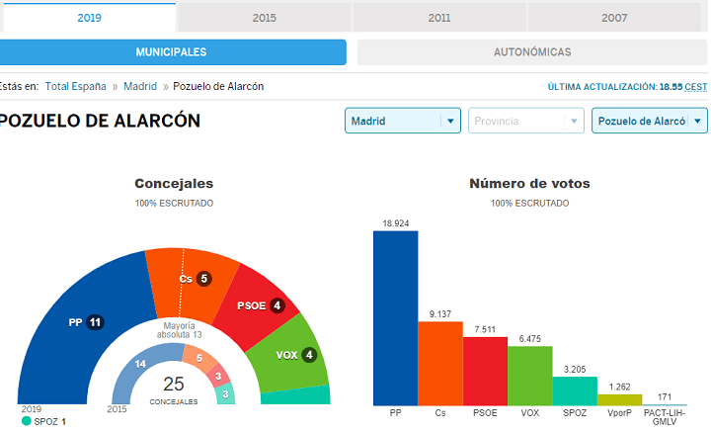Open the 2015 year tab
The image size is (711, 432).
(x=264, y=18)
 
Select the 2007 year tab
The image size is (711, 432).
(x=614, y=18)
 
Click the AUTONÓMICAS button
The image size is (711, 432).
(x=532, y=52)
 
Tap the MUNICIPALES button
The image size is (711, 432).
(x=172, y=52)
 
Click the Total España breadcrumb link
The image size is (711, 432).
(x=75, y=86)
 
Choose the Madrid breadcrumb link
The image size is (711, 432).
(x=140, y=86)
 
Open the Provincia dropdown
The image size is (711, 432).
(x=526, y=121)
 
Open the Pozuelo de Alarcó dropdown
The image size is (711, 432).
(x=650, y=121)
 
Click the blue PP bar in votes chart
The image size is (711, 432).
(x=395, y=318)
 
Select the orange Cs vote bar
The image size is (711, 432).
(x=440, y=364)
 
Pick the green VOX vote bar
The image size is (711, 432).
(x=530, y=376)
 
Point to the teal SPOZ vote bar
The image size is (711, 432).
(x=575, y=391)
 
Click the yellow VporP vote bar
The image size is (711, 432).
(x=620, y=399)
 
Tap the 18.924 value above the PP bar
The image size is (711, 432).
(x=395, y=223)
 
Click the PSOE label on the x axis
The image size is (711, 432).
(x=485, y=413)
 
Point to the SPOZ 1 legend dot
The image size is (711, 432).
(x=27, y=421)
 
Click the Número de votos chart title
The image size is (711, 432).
(x=529, y=183)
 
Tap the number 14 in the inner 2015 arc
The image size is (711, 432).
(x=140, y=364)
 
